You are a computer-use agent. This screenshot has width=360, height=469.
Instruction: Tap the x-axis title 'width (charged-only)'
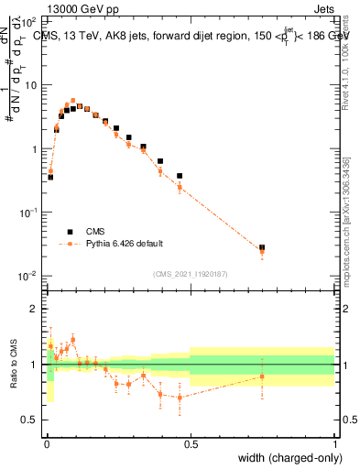(288, 458)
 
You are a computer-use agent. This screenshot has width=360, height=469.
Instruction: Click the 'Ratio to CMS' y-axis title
(14, 365)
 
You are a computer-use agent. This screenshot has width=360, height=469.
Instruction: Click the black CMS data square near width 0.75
(262, 247)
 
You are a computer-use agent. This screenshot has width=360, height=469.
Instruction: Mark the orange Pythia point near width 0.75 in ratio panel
(262, 376)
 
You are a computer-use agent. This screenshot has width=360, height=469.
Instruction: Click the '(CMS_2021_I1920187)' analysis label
(191, 274)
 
